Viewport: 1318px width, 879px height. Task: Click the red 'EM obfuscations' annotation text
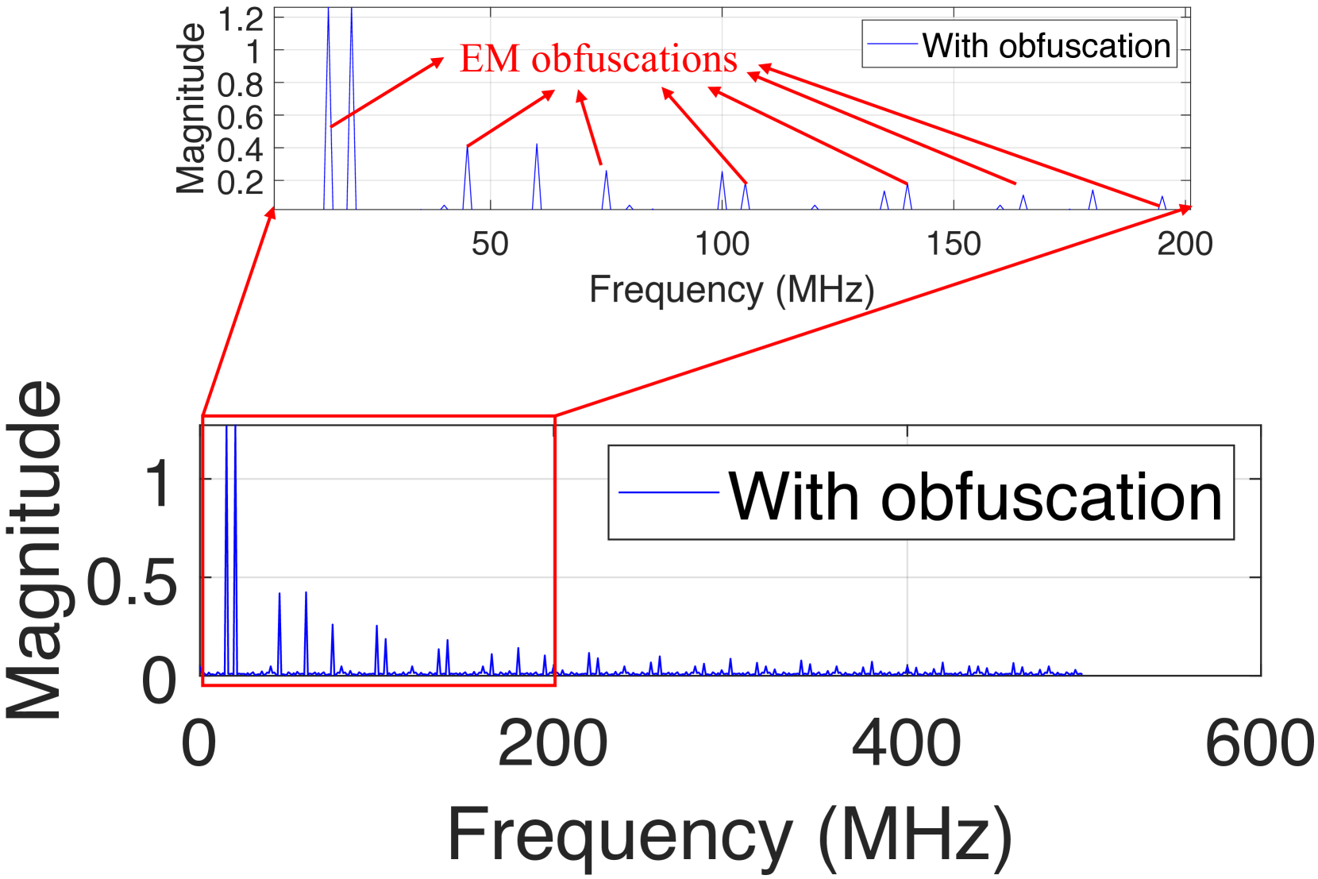(599, 60)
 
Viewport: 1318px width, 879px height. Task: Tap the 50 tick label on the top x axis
(490, 244)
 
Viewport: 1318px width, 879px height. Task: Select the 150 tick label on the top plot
(954, 244)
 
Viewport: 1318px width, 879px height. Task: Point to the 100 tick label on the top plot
(722, 244)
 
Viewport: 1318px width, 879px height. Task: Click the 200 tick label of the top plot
(1185, 244)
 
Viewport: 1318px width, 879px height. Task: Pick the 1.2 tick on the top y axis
(241, 19)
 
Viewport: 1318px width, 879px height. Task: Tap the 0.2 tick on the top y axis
(241, 183)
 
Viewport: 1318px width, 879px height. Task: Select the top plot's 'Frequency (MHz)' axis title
(731, 289)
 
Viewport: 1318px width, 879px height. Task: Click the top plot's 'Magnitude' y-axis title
(191, 108)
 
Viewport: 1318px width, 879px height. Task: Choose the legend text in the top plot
(1046, 46)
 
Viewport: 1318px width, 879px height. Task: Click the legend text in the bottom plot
(975, 496)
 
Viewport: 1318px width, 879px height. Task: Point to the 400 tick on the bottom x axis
(907, 743)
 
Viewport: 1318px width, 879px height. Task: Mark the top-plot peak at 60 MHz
(537, 145)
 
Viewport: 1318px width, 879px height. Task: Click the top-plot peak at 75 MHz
(606, 172)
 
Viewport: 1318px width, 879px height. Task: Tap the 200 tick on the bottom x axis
(553, 743)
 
